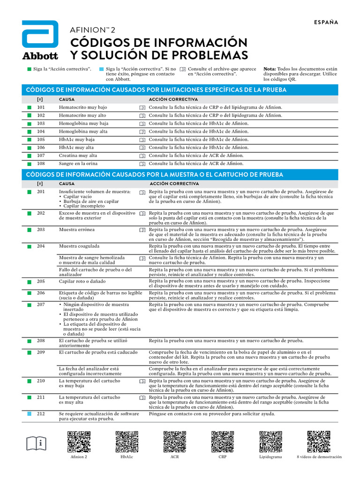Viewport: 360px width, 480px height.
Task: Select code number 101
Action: tap(41, 107)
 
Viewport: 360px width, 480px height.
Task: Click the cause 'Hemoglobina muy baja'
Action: tap(83, 123)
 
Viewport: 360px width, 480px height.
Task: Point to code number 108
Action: tap(41, 164)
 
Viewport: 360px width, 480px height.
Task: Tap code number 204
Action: tap(41, 246)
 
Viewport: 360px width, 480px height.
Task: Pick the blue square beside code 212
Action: tap(30, 414)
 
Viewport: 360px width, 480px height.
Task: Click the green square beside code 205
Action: tap(30, 281)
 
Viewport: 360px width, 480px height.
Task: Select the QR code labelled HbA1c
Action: tap(127, 442)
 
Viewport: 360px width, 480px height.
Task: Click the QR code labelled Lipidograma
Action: tap(270, 442)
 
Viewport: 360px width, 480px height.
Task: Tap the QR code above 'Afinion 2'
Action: tap(79, 442)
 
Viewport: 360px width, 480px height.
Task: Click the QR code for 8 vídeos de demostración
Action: tap(319, 442)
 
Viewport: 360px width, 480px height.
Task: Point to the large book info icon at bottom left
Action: tap(37, 442)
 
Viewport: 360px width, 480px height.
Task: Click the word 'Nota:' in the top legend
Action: tap(270, 69)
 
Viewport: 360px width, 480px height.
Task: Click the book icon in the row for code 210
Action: tap(142, 382)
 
